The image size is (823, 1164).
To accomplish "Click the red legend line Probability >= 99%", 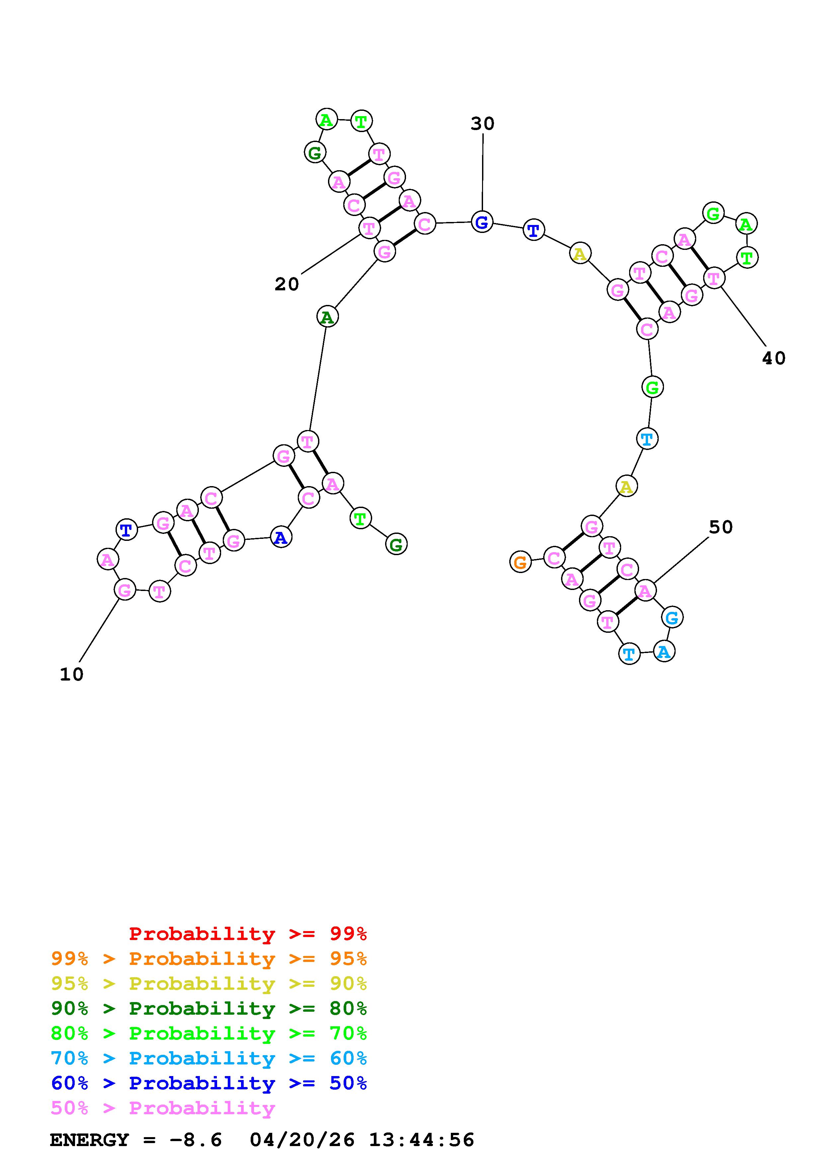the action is [248, 934].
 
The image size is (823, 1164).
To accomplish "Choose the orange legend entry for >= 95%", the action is [209, 959].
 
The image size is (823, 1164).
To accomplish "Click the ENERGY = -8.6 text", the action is [136, 1140].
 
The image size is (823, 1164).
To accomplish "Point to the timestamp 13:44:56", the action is [421, 1140].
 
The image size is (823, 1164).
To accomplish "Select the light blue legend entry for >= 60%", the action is [209, 1058].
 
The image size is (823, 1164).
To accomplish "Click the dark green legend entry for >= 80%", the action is [209, 1008].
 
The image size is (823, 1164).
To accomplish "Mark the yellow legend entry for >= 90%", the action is [209, 983].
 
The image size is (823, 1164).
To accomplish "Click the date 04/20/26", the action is [302, 1140].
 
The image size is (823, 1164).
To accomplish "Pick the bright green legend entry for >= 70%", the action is [209, 1033].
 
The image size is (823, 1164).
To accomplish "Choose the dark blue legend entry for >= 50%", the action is [209, 1083].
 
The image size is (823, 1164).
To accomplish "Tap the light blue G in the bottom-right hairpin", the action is [672, 618].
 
